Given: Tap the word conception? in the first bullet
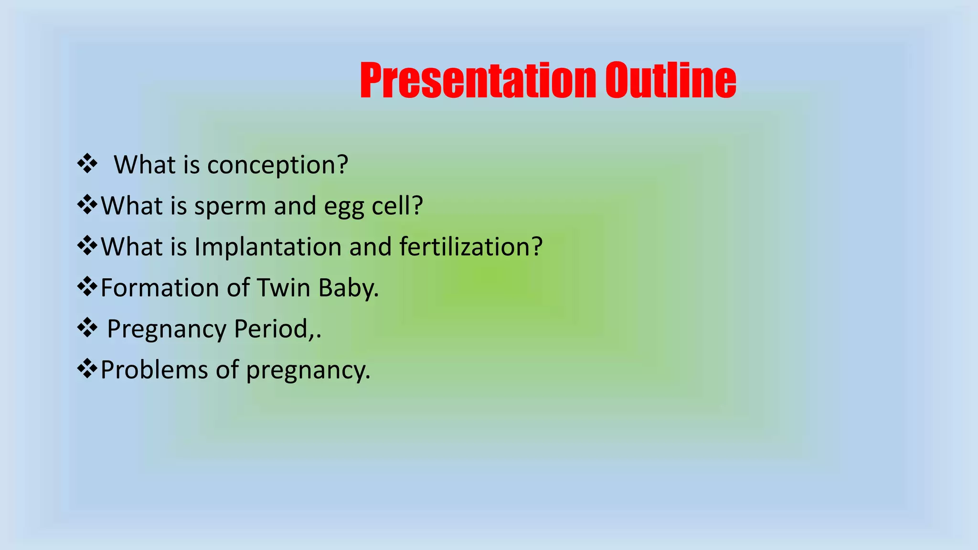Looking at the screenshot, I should coord(277,165).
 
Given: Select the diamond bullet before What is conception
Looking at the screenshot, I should coord(87,164).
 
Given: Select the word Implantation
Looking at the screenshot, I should coord(267,247).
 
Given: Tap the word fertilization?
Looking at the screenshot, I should coord(471,247).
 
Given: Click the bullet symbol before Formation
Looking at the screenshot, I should coord(87,287).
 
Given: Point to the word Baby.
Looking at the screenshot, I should coord(348,289).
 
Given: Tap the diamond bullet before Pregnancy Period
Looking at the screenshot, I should coord(87,328).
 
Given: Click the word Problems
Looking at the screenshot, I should coord(154,370).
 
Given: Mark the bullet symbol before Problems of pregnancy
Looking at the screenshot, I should coord(87,369).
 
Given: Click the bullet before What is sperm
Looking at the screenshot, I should coord(87,205).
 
